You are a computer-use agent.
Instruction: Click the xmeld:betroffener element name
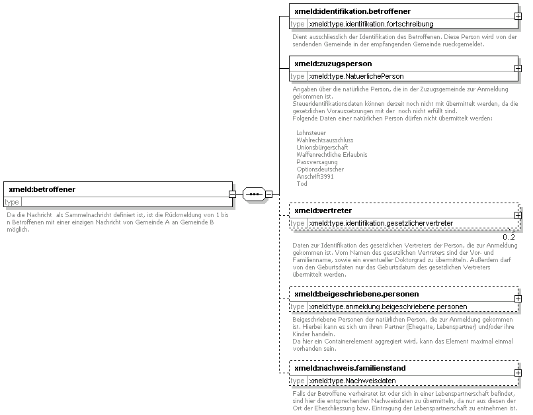pyautogui.click(x=42, y=189)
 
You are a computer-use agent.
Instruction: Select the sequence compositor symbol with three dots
pyautogui.click(x=254, y=194)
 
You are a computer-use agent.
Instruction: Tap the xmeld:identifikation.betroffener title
pyautogui.click(x=352, y=11)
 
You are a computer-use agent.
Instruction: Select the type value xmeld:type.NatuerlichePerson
pyautogui.click(x=356, y=76)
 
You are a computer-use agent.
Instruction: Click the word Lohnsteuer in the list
pyautogui.click(x=311, y=133)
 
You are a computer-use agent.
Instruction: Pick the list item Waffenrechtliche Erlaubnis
pyautogui.click(x=332, y=154)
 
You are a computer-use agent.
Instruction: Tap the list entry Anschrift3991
pyautogui.click(x=315, y=176)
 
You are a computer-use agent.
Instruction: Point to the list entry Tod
pyautogui.click(x=302, y=183)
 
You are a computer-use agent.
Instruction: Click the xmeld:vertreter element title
pyautogui.click(x=323, y=210)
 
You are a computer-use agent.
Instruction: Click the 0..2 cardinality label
pyautogui.click(x=509, y=236)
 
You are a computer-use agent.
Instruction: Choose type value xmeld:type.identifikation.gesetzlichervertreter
pyautogui.click(x=381, y=223)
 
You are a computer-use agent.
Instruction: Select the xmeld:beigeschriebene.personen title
pyautogui.click(x=356, y=293)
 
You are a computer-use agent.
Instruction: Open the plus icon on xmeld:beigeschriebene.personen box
pyautogui.click(x=517, y=299)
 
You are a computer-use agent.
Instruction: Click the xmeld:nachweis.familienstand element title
pyautogui.click(x=350, y=367)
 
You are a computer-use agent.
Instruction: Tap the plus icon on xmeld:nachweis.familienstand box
pyautogui.click(x=517, y=373)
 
